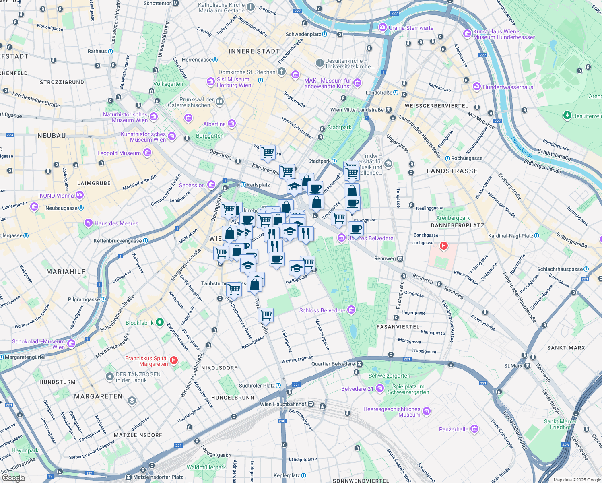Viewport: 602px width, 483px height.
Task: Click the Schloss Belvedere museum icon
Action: click(351, 310)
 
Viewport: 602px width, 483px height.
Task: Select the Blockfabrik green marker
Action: click(160, 322)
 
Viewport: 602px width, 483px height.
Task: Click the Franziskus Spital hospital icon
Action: click(174, 360)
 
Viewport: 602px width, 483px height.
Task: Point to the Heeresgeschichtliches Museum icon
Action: click(427, 411)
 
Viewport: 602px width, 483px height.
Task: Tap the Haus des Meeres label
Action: click(116, 223)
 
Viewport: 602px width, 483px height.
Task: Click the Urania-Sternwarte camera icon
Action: click(382, 28)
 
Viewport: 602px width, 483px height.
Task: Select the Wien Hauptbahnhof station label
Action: click(283, 404)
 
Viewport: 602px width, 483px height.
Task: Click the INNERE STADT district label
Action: click(254, 51)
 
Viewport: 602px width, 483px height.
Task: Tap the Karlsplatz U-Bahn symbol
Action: click(243, 185)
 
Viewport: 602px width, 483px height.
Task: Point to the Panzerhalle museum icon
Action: click(474, 429)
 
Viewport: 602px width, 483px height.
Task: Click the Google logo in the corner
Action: click(13, 478)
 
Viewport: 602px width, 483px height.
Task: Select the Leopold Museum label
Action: click(119, 153)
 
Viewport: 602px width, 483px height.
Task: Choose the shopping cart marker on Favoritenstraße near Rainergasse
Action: click(266, 314)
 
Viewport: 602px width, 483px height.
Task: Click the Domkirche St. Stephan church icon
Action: click(282, 72)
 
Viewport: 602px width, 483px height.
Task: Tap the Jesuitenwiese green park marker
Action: click(567, 116)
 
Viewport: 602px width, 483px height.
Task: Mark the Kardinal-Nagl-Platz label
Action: click(510, 236)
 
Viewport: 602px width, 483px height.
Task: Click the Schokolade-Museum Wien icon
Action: click(71, 344)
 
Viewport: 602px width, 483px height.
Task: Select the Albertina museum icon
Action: click(232, 124)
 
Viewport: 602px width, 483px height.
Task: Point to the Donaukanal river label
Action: click(522, 147)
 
